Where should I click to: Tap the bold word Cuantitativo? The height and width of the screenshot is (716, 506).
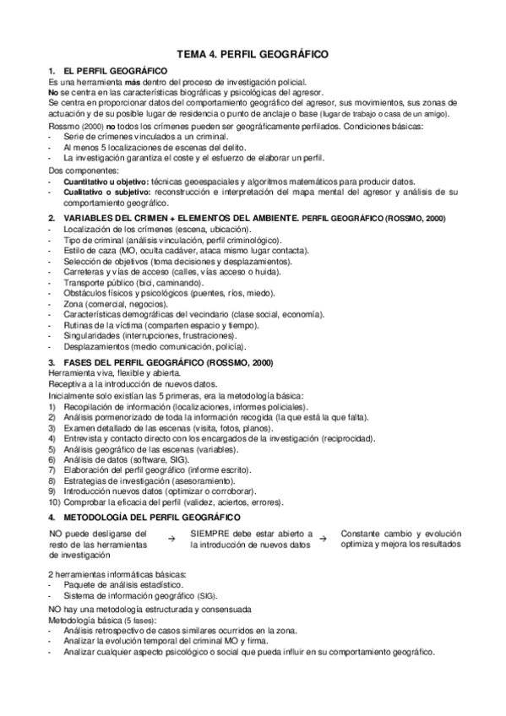click(x=84, y=182)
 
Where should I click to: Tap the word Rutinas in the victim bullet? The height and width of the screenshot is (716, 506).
click(x=79, y=325)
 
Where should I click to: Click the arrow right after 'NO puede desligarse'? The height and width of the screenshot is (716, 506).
click(x=171, y=538)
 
